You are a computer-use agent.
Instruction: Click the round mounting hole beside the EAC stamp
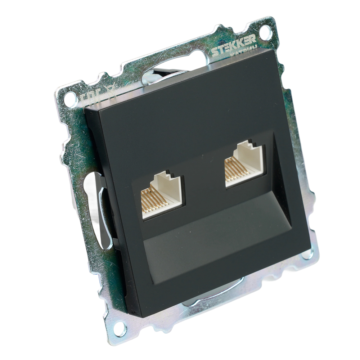coord(71,98)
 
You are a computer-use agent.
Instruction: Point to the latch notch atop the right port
coord(248,144)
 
